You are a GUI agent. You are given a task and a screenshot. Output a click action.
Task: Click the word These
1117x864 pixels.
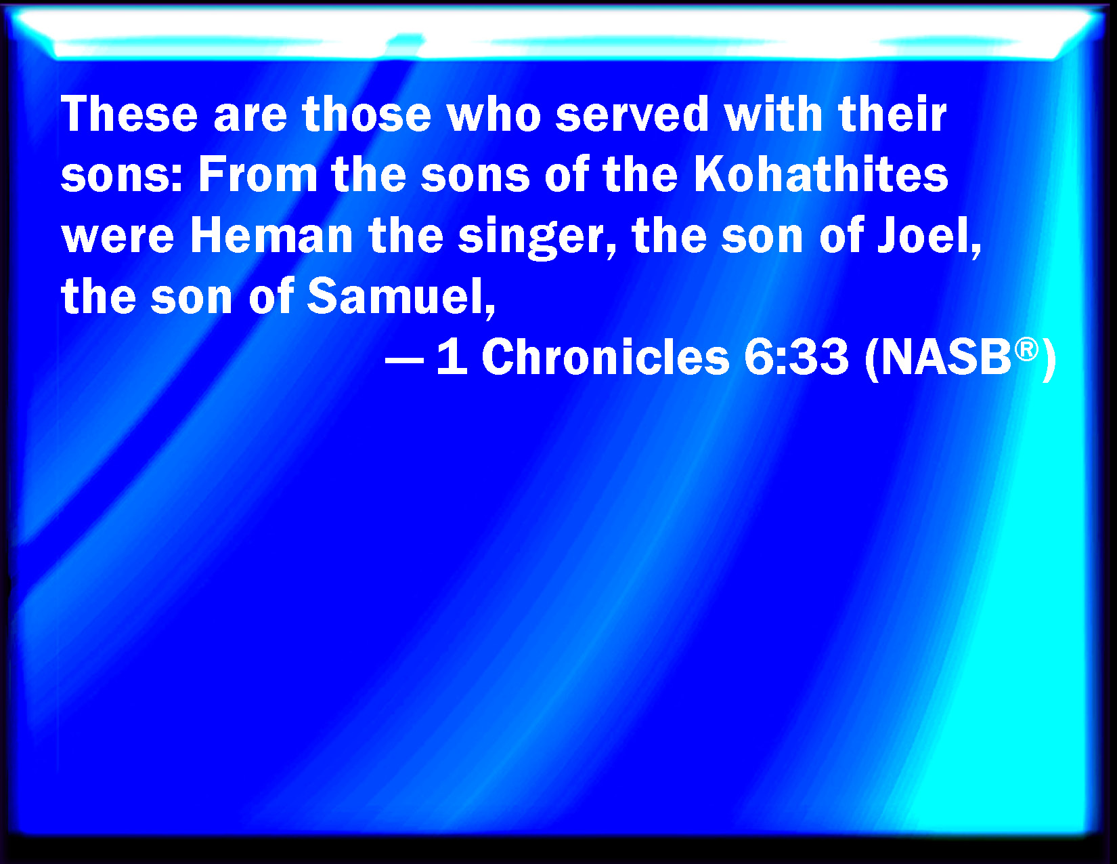[129, 114]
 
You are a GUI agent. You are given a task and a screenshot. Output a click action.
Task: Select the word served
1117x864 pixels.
[632, 114]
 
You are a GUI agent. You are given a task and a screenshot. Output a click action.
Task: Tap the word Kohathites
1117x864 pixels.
[821, 175]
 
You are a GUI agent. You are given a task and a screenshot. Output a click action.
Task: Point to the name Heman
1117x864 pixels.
[271, 236]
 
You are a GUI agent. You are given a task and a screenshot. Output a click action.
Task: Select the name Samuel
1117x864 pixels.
[401, 297]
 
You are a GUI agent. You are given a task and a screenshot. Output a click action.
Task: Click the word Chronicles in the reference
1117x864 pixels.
[605, 358]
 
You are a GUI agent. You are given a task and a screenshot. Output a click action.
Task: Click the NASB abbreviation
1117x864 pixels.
[946, 358]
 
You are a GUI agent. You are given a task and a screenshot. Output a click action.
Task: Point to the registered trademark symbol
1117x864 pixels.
[1026, 350]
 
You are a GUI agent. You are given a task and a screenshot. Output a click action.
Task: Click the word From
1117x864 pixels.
[257, 175]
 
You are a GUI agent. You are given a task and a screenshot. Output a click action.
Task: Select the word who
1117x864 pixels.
[494, 114]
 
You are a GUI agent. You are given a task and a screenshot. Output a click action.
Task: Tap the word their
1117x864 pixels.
[892, 114]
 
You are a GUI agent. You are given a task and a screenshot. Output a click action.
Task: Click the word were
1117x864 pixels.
[118, 239]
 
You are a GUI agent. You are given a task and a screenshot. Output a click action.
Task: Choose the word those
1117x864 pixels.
[366, 114]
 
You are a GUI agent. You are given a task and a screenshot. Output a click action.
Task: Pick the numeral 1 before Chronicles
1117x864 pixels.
[452, 358]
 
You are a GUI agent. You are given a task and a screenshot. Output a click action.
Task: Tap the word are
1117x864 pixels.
[250, 118]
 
